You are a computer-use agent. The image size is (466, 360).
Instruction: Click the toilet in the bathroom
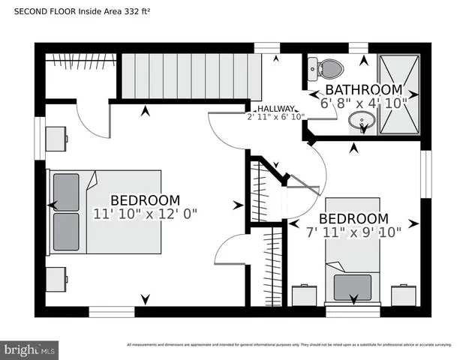click(x=329, y=70)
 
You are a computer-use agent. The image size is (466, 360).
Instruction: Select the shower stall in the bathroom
click(x=398, y=94)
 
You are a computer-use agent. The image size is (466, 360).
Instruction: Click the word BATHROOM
click(x=363, y=90)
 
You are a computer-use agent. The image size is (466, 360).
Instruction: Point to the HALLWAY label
click(x=276, y=108)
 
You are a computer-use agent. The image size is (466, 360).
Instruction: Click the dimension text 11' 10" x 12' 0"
click(x=146, y=214)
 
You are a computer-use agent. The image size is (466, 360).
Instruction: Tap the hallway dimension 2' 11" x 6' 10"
click(x=275, y=116)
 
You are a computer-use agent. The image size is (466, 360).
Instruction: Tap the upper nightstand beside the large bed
click(x=56, y=139)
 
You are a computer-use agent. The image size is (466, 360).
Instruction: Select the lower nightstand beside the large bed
click(x=56, y=278)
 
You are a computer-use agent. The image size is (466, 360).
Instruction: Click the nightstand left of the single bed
click(x=304, y=295)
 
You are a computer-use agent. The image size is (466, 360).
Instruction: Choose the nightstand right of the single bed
click(x=404, y=295)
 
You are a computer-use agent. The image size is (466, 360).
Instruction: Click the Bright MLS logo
click(x=30, y=349)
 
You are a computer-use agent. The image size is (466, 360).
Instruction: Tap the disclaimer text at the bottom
click(x=288, y=345)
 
